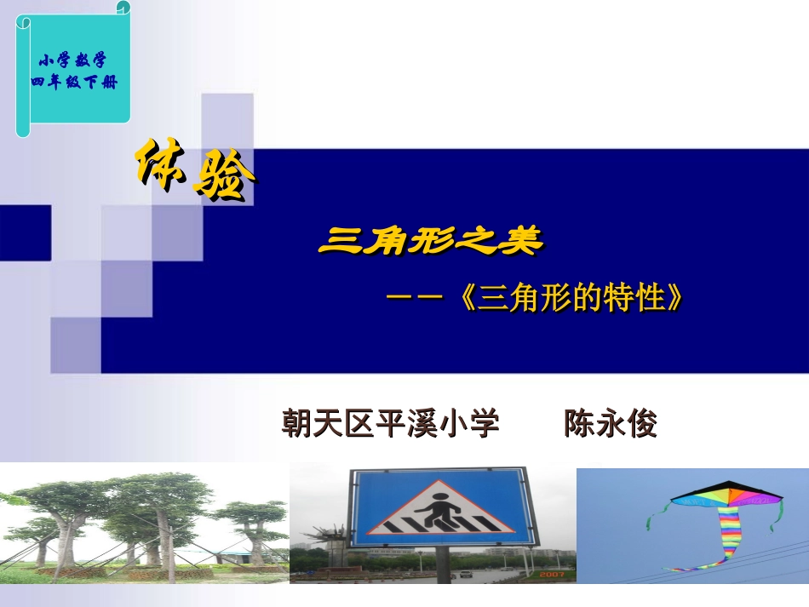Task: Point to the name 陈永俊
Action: click(x=611, y=423)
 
